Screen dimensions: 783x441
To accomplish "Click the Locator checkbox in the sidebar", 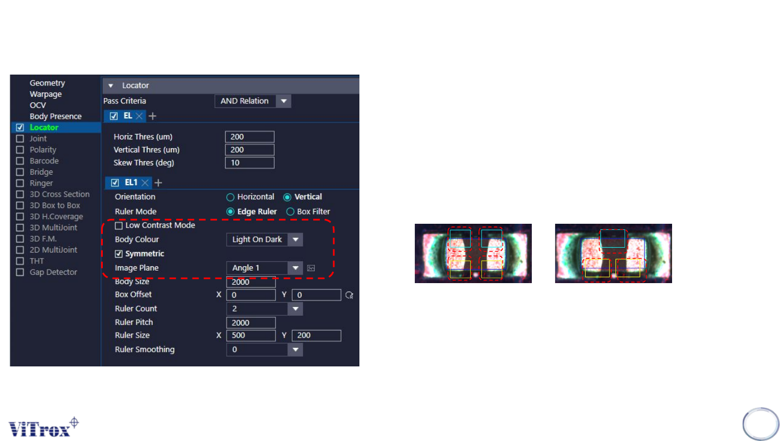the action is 20,127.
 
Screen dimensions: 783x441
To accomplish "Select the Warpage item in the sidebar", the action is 46,94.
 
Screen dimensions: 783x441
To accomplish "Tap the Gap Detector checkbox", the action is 20,272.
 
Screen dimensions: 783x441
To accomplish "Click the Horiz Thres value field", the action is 250,137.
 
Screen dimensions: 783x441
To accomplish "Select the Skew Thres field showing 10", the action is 250,163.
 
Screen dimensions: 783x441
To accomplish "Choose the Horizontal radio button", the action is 230,197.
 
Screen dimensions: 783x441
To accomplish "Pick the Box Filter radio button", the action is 290,212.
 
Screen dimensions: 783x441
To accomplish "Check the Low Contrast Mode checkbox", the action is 119,225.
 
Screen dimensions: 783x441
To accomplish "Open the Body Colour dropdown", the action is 264,240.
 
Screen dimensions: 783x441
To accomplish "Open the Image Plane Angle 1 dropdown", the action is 264,268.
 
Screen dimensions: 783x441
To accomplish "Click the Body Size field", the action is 251,283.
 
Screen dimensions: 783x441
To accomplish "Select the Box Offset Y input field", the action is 316,295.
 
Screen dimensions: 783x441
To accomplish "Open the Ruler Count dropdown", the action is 264,309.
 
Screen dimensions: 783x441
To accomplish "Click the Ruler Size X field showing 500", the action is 251,335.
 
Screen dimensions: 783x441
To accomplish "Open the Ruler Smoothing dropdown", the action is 264,350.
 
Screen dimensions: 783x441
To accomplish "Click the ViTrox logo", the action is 43,427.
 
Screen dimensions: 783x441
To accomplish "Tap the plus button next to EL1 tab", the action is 158,183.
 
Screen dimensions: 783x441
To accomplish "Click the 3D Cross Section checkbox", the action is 20,194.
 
